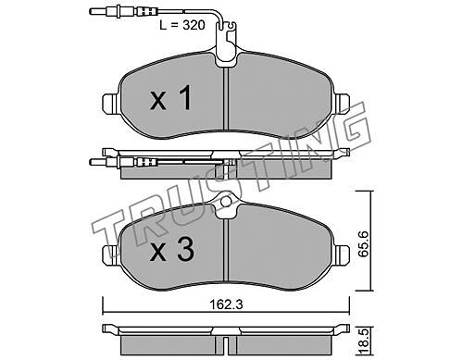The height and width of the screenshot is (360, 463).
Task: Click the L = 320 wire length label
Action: pyautogui.click(x=182, y=25)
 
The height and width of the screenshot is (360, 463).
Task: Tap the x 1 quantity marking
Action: pyautogui.click(x=171, y=98)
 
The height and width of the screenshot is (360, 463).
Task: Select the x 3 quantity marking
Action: pyautogui.click(x=172, y=250)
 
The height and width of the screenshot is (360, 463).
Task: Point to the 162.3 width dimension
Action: pyautogui.click(x=226, y=304)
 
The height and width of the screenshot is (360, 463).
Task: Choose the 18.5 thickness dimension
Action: pyautogui.click(x=365, y=341)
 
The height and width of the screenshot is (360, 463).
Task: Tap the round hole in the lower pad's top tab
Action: pyautogui.click(x=226, y=202)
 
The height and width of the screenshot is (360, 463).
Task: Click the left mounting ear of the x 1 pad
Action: pyautogui.click(x=110, y=104)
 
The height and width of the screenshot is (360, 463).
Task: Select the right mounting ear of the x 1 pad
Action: pyautogui.click(x=342, y=104)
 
